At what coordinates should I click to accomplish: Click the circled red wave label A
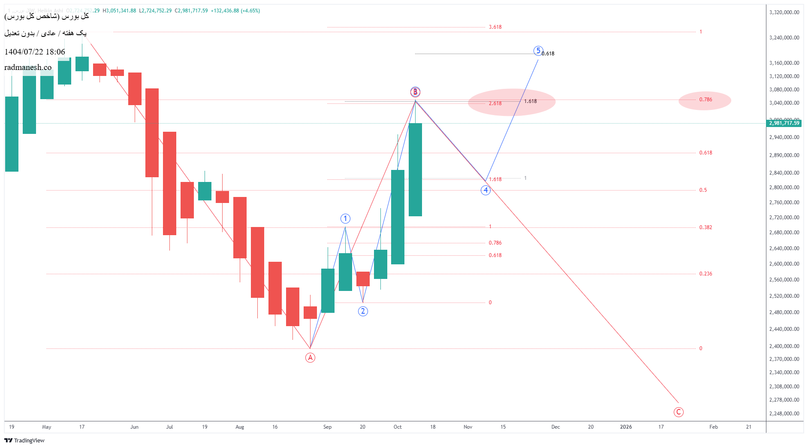coord(310,357)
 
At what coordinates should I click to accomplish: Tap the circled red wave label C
coord(678,412)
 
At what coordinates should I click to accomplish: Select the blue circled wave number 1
coord(345,219)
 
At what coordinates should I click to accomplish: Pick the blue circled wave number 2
coord(363,311)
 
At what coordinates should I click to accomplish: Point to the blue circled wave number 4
coord(485,190)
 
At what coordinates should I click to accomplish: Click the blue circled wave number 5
coord(538,51)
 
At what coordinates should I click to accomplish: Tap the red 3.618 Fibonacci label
coord(495,27)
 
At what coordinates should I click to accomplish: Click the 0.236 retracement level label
coord(705,274)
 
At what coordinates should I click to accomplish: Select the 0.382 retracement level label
coord(705,227)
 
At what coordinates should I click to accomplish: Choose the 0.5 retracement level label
coord(703,190)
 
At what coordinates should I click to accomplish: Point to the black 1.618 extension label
coord(530,101)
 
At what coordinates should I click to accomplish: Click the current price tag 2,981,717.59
coord(784,123)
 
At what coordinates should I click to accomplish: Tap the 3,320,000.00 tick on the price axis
coord(784,12)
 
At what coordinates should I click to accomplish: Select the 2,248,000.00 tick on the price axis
coord(784,414)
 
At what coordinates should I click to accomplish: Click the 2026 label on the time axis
coord(626,427)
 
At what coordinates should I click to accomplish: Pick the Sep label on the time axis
coord(327,427)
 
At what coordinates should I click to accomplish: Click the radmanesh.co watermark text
coord(28,67)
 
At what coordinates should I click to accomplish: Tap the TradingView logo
coord(24,440)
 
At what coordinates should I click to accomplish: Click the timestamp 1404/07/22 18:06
coord(35,52)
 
